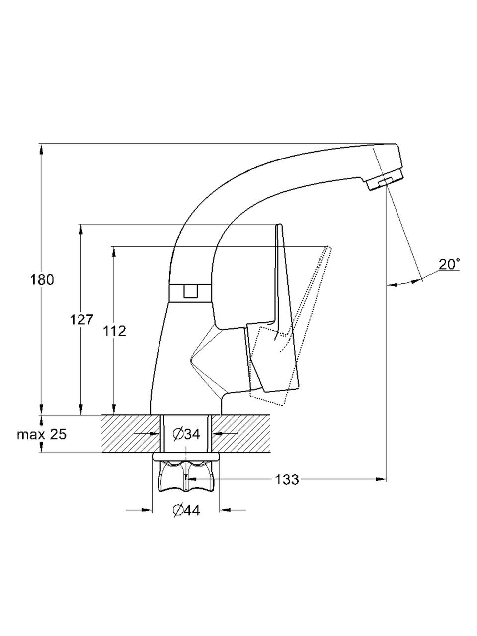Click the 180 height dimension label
coord(42,280)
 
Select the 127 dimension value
coord(81,320)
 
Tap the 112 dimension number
coord(114,331)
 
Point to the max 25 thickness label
coord(42,434)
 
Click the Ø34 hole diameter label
coord(186,434)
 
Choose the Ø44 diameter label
coord(186,510)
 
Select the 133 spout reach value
coord(286,479)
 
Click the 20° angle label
coord(449,264)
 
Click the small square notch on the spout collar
coord(191,291)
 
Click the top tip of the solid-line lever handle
coord(279,224)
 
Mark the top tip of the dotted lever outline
coord(328,247)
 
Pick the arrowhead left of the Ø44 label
coord(147,510)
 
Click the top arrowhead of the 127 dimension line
coord(81,230)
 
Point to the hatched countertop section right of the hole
coord(241,434)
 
